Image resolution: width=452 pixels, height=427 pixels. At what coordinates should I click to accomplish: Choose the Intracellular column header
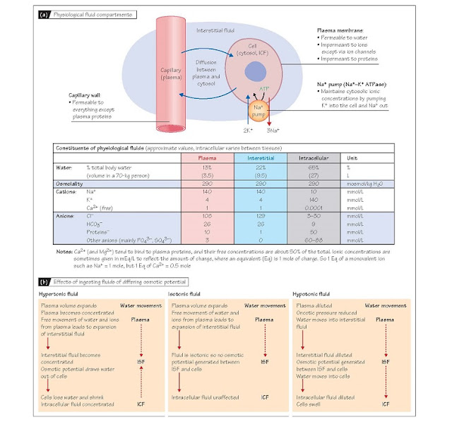coord(334,157)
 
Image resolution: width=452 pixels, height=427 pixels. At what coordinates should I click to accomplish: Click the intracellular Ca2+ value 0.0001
coord(334,208)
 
